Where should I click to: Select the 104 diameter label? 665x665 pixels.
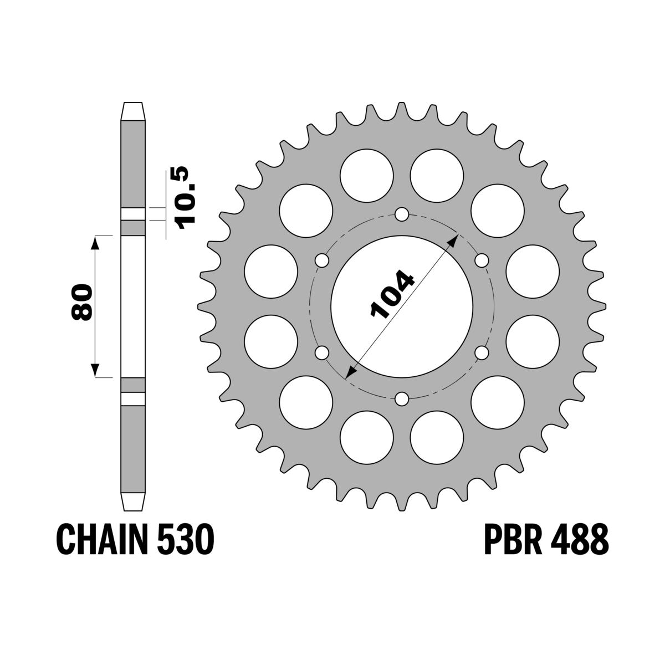pyautogui.click(x=392, y=296)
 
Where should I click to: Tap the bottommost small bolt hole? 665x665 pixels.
pyautogui.click(x=402, y=397)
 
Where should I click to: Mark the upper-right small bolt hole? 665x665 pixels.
pyautogui.click(x=482, y=260)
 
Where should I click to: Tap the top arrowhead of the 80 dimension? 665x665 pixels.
pyautogui.click(x=95, y=242)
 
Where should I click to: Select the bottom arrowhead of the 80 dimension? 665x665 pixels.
pyautogui.click(x=95, y=371)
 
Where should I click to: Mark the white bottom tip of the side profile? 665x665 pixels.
pyautogui.click(x=133, y=501)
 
